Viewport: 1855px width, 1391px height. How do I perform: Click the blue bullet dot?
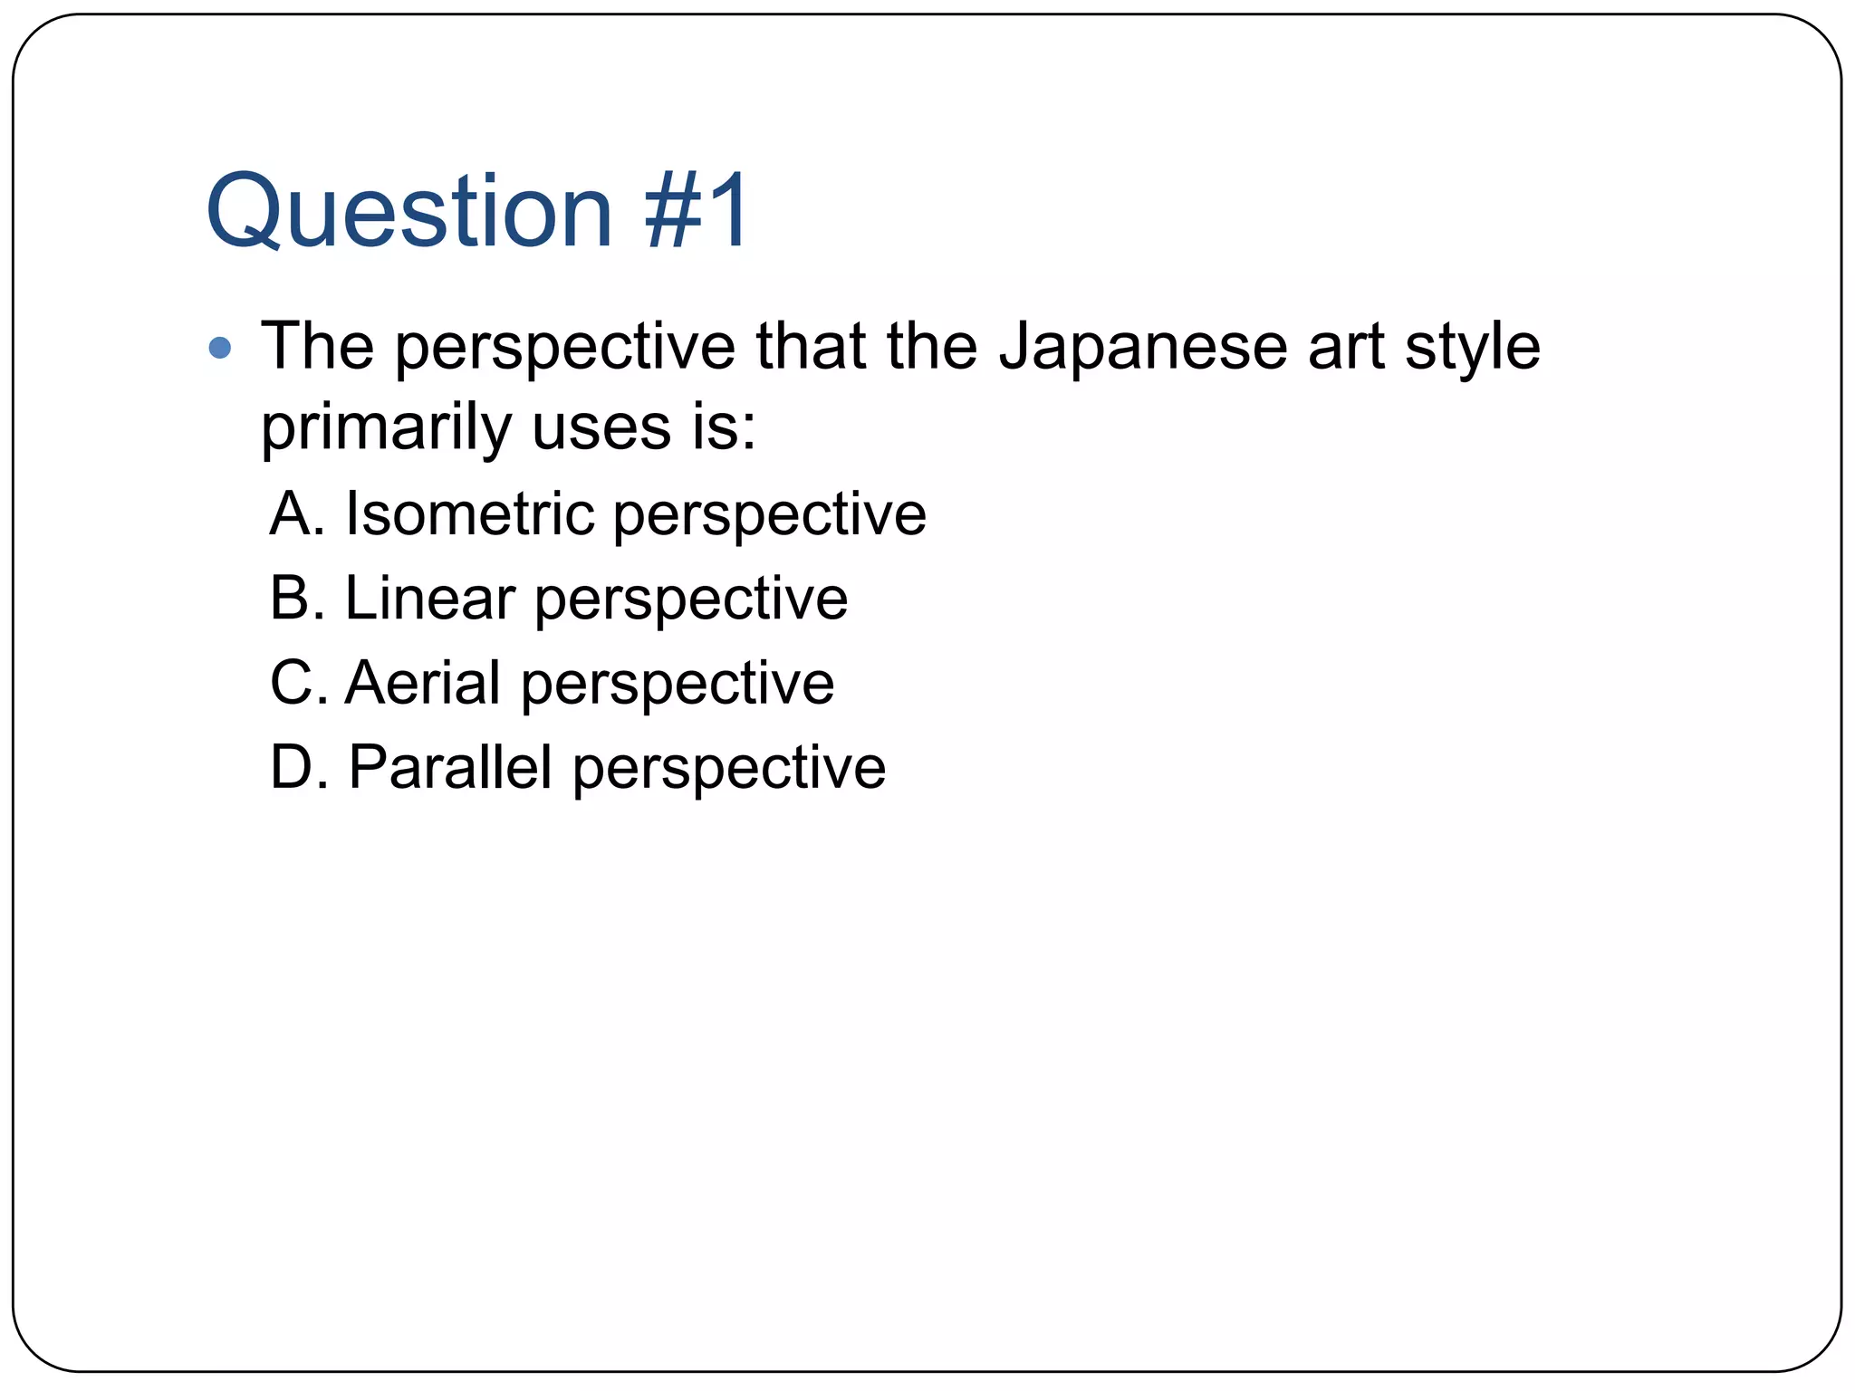(x=219, y=347)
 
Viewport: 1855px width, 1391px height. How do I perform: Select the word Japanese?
(x=1142, y=348)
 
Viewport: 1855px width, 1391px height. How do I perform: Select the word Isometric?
(x=468, y=513)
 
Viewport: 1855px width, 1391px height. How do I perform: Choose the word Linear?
(x=429, y=599)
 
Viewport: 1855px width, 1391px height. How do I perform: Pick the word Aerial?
(x=422, y=683)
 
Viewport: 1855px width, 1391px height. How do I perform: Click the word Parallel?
(x=449, y=768)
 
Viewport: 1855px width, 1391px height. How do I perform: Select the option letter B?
(x=290, y=599)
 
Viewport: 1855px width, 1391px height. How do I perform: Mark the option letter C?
(x=291, y=683)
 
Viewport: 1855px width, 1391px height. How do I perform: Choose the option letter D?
(x=292, y=768)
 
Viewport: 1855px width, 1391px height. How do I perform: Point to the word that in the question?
(x=811, y=347)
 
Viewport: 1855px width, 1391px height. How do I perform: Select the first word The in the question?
(x=317, y=347)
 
